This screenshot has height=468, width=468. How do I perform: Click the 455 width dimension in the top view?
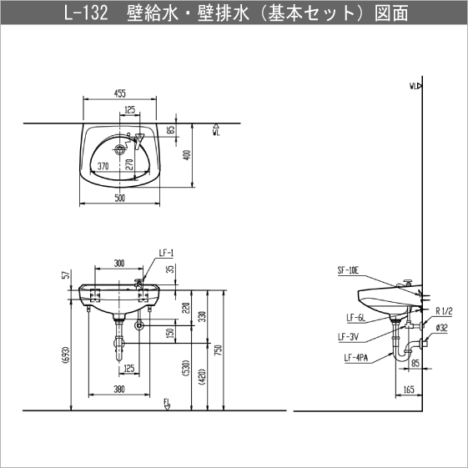[x=119, y=93]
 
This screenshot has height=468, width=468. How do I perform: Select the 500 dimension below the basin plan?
[x=119, y=198]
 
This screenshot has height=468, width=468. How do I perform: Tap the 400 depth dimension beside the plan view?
[x=187, y=155]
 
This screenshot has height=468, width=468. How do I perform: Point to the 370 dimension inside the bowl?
[x=103, y=166]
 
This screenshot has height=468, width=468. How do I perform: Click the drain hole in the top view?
[x=120, y=148]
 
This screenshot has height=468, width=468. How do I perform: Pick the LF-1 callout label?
[x=166, y=254]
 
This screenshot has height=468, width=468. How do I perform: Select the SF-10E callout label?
[x=348, y=270]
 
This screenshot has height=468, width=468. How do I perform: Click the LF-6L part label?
[x=355, y=318]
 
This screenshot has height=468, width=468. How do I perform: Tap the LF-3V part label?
[x=348, y=337]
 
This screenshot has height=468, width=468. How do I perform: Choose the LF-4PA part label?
[x=356, y=357]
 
